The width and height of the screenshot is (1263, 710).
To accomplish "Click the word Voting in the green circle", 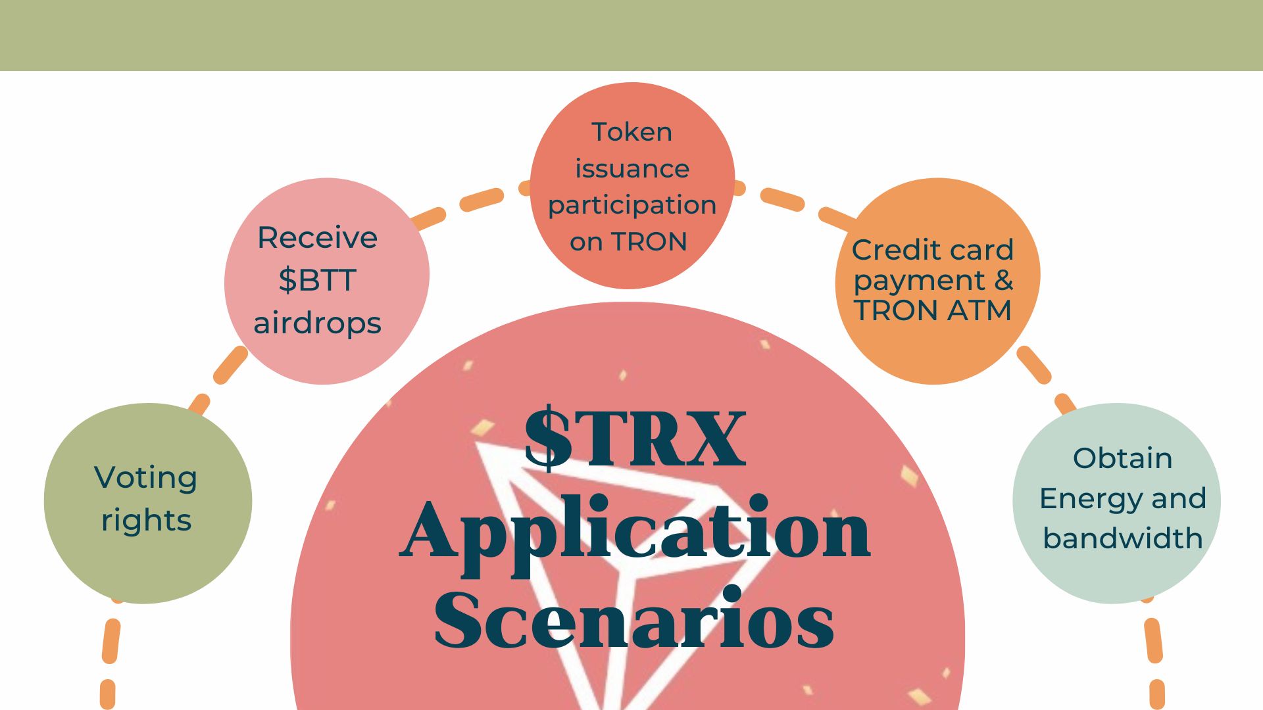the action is tap(145, 478).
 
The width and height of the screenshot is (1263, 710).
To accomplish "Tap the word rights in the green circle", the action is tap(146, 521).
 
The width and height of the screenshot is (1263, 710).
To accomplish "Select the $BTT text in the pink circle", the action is tap(317, 280).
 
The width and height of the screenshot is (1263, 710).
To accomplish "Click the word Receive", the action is tap(317, 237).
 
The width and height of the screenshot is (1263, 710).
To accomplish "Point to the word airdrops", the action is tap(317, 323).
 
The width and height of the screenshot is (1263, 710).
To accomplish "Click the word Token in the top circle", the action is tap(631, 132).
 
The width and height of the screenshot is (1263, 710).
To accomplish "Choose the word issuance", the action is tap(632, 169).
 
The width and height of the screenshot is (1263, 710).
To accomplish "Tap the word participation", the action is tap(632, 206).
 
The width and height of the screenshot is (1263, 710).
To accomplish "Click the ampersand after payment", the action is tap(1003, 280).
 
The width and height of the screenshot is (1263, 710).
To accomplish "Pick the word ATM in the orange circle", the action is tap(980, 310).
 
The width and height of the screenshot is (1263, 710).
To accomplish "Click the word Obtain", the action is tap(1123, 458).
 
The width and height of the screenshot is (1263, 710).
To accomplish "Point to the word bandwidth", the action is tap(1123, 538).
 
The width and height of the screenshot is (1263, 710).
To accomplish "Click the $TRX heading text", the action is tap(635, 438).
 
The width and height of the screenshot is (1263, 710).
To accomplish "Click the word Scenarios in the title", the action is tap(634, 619).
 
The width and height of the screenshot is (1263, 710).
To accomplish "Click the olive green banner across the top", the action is tap(631, 35).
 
